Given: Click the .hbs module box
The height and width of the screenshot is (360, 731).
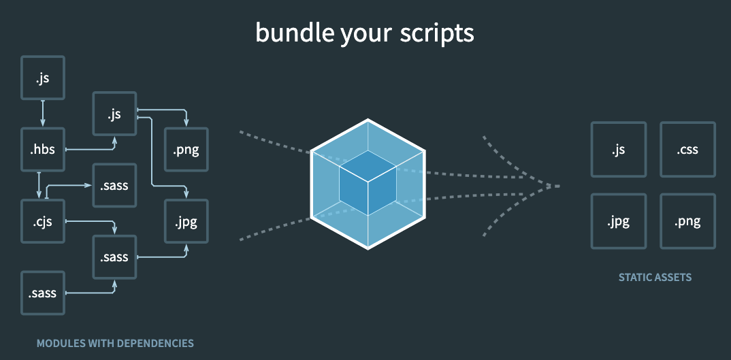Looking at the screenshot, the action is [43, 150].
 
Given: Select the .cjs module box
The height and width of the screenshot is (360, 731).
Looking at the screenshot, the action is [43, 221].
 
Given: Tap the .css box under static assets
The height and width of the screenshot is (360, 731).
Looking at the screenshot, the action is [687, 150].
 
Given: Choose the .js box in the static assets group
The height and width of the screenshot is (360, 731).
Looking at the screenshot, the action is [619, 150].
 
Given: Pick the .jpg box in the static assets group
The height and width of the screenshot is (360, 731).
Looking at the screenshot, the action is [619, 221].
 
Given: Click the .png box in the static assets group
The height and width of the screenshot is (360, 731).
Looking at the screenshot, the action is [687, 221].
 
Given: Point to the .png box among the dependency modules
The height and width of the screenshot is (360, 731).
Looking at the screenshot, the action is [186, 150].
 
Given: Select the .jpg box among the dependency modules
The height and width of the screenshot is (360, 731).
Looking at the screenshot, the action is [186, 221].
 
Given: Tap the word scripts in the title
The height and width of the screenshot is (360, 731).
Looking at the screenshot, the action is [437, 33].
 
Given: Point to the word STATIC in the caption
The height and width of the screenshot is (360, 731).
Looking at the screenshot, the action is [632, 278].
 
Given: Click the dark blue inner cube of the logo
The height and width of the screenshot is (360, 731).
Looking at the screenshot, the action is [368, 183].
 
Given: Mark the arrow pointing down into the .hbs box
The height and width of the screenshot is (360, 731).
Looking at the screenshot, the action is [43, 112].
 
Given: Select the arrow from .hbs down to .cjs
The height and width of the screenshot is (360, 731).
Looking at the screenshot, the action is [39, 185].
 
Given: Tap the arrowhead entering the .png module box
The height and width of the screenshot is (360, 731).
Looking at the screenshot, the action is [186, 123].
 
